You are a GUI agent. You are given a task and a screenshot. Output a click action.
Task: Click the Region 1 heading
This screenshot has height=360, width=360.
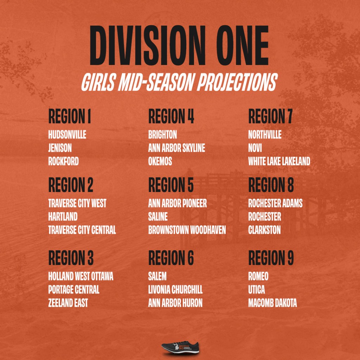(70, 116)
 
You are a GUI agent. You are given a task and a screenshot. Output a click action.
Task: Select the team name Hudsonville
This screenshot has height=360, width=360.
(67, 135)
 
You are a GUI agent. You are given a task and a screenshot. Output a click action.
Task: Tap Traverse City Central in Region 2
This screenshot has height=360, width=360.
(82, 230)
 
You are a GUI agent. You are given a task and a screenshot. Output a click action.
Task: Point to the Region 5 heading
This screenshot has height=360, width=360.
(171, 185)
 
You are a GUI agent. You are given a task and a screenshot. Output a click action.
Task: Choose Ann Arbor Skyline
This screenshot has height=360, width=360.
(176, 148)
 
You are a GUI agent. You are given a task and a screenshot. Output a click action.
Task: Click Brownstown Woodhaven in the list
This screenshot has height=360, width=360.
(187, 230)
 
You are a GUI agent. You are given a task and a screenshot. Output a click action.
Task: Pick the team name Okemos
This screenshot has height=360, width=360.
(160, 161)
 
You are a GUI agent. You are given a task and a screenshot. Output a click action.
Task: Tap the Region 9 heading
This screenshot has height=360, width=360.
(271, 258)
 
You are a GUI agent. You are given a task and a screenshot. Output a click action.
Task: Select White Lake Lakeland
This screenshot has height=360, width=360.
(279, 161)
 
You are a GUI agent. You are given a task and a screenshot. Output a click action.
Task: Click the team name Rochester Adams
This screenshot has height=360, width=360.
(275, 204)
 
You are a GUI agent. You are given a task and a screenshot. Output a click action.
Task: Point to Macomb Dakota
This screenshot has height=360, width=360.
(272, 303)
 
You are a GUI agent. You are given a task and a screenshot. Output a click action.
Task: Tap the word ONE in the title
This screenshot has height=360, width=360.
(243, 45)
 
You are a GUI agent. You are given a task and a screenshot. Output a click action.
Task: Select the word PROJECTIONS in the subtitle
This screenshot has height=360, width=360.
(237, 82)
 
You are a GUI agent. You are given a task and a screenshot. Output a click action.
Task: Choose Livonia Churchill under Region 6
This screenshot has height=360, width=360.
(175, 290)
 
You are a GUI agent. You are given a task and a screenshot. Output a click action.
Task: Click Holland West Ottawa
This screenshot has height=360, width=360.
(81, 276)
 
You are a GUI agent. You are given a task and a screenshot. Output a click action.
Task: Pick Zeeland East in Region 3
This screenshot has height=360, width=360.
(68, 303)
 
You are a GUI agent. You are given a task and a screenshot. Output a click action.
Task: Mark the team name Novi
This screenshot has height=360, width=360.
(255, 148)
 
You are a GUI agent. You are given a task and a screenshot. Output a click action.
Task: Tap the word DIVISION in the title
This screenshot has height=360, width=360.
(148, 45)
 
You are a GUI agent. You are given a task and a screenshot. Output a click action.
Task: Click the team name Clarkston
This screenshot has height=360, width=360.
(264, 230)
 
